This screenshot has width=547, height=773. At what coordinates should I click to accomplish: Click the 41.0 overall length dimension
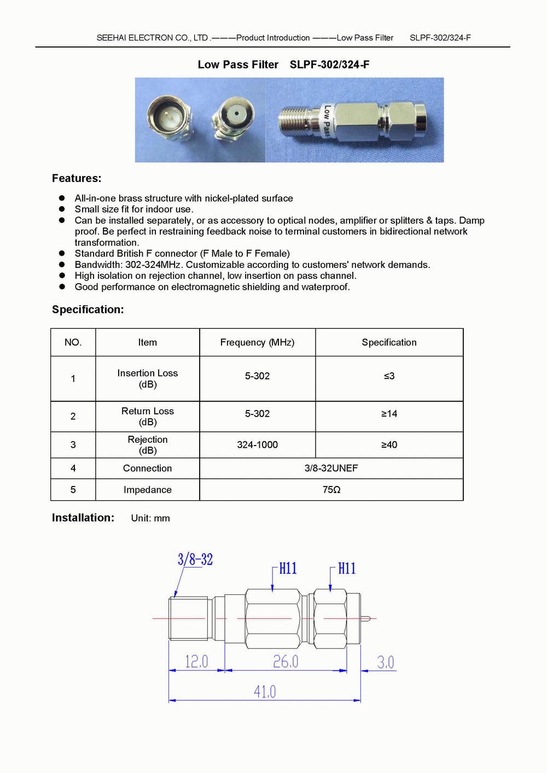[265, 692]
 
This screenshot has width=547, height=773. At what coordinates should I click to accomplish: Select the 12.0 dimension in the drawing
[196, 661]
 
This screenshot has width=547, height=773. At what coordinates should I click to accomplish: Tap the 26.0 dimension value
[286, 661]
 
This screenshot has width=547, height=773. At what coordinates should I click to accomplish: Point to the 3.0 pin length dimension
[385, 662]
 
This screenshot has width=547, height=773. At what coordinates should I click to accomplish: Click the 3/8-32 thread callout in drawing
[195, 559]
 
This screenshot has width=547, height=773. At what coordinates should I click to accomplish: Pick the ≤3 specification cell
[389, 376]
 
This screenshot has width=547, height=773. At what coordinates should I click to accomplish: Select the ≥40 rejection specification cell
[389, 445]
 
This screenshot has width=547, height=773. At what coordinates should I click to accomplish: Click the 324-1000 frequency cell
[257, 445]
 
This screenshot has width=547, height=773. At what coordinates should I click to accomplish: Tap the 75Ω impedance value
[331, 490]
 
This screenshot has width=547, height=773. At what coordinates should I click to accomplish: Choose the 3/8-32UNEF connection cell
[331, 469]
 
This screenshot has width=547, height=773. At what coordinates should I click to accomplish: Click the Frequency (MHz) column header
[257, 343]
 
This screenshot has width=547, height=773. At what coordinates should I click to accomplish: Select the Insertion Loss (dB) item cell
[148, 378]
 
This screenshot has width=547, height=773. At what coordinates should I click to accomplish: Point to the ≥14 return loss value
[389, 414]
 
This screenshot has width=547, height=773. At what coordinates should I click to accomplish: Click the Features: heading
[77, 178]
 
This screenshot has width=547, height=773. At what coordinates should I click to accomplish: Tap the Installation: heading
[83, 518]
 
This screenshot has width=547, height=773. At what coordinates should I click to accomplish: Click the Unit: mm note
[150, 518]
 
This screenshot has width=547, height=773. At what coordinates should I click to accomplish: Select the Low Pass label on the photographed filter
[326, 121]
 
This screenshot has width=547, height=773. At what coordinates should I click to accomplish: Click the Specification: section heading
[88, 309]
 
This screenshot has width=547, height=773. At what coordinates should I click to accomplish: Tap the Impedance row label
[148, 490]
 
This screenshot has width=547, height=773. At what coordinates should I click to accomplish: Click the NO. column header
[73, 343]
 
